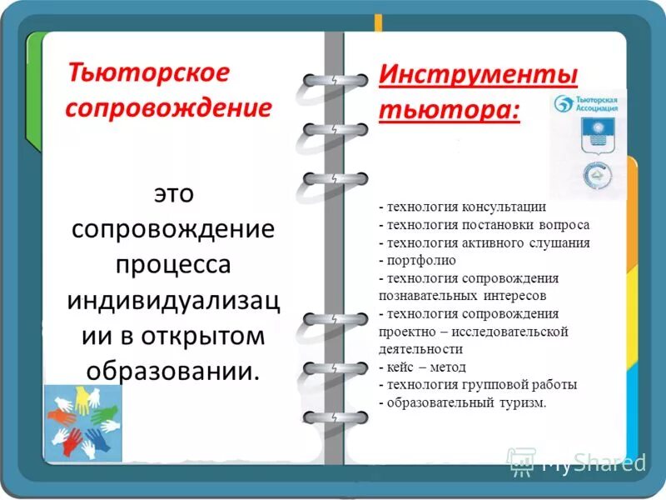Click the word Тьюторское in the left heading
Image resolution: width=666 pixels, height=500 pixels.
coord(147,72)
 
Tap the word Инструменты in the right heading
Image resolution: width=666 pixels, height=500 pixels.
coord(478,73)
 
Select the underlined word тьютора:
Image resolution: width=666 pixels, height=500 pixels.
coord(450,110)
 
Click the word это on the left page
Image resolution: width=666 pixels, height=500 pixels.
coord(173,193)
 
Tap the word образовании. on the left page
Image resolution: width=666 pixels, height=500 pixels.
coord(173,370)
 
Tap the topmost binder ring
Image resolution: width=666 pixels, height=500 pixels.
coord(335,81)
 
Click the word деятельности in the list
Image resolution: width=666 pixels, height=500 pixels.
coord(420,349)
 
